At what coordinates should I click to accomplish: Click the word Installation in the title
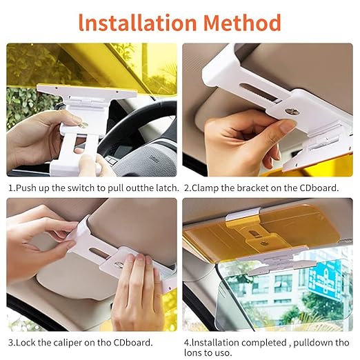tap(137, 23)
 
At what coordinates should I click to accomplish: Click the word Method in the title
tap(242, 23)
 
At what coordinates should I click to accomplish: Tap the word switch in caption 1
tap(81, 188)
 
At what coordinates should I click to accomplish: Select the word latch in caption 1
tap(167, 188)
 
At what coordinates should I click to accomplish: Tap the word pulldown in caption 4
tap(313, 343)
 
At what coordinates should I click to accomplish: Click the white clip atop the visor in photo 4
tap(243, 214)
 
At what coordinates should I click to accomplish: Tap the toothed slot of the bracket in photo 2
tap(259, 94)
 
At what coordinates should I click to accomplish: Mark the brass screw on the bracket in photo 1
tap(83, 125)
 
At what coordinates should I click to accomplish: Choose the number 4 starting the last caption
tap(186, 343)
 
